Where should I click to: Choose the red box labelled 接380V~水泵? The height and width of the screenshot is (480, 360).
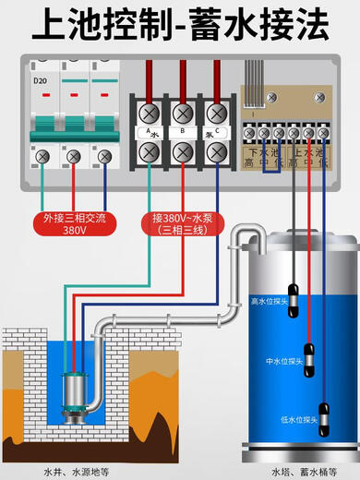coord(184,224)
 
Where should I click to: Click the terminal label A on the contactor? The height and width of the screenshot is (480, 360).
coord(145,131)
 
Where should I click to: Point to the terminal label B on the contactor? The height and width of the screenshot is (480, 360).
coord(181,131)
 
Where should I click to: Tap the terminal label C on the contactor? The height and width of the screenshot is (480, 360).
coord(216,131)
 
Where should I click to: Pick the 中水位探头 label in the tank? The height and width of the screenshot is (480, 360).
coord(282,360)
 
